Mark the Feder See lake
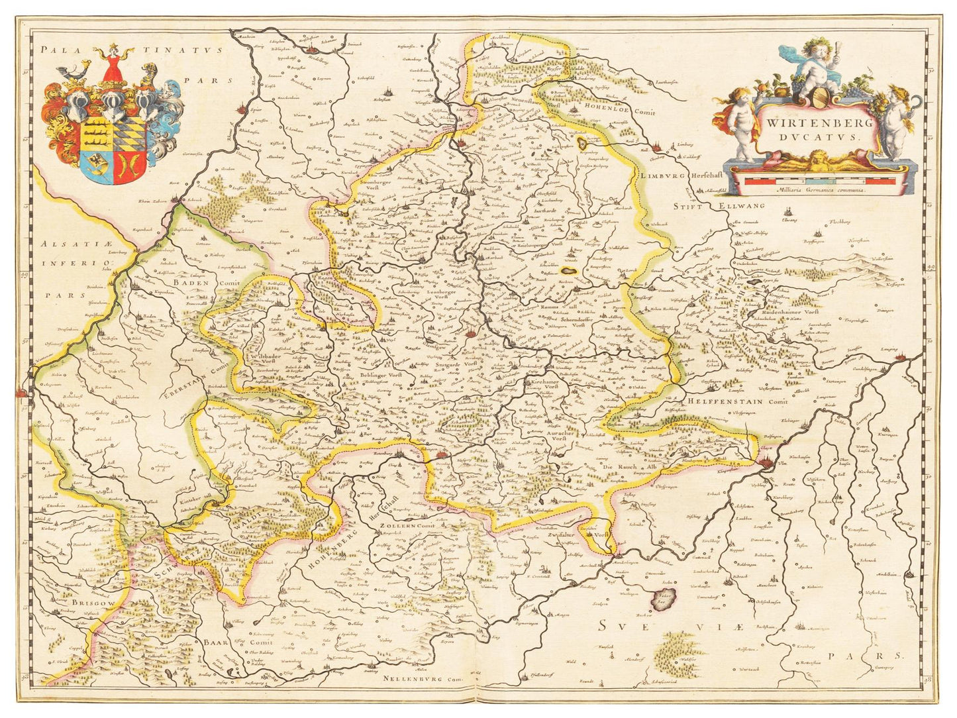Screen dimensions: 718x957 point(662,599)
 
